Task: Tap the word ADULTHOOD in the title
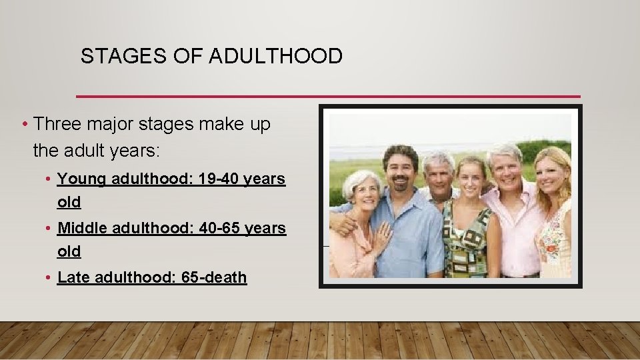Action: pos(275,56)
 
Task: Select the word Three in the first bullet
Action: pos(57,124)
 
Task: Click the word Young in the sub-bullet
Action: pos(83,179)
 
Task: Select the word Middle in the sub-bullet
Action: pos(84,228)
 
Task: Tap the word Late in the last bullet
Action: pos(73,277)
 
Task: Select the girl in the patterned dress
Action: pos(469,227)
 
